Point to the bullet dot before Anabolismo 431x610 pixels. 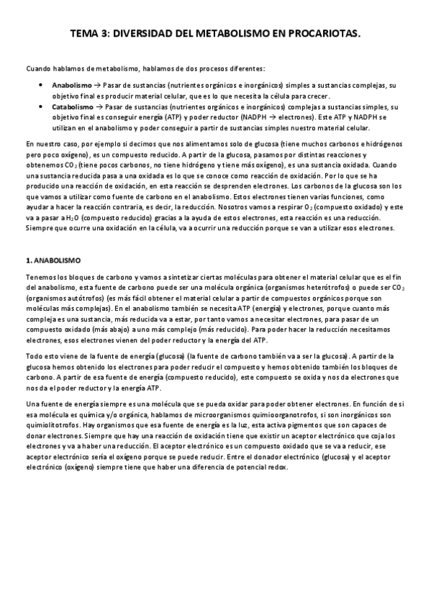(42, 85)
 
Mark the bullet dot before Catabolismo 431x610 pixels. (42, 105)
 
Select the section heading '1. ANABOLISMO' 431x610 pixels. (53, 260)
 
